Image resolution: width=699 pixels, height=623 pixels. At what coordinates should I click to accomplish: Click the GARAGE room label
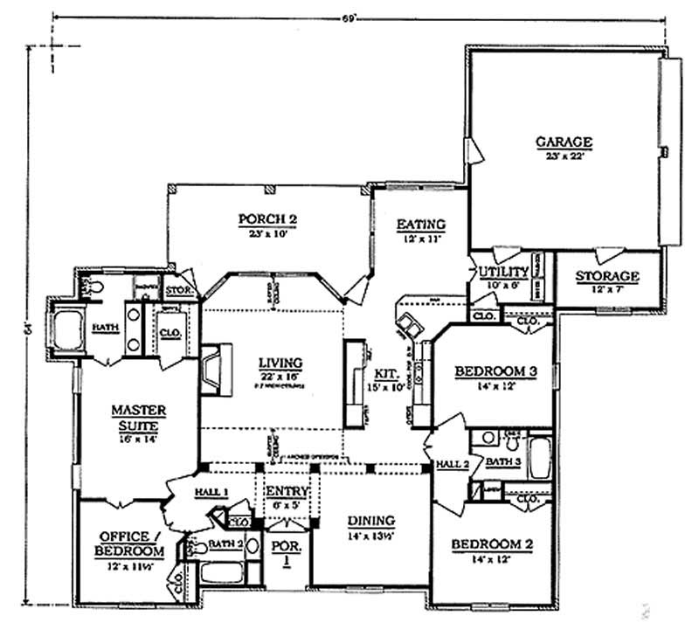coord(564,142)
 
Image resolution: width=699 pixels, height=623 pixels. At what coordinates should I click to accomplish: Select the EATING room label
coord(421,224)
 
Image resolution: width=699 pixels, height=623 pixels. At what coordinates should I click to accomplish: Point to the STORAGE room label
coord(607,277)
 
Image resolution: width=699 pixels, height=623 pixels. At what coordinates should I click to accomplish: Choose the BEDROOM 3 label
coord(495,372)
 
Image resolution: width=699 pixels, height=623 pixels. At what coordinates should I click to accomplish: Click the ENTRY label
coord(287,491)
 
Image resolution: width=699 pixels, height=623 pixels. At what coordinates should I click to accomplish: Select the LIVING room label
coord(280,362)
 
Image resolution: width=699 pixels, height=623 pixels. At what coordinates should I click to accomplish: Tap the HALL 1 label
coord(212,492)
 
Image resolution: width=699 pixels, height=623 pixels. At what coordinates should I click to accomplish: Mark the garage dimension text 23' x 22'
coord(564,155)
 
